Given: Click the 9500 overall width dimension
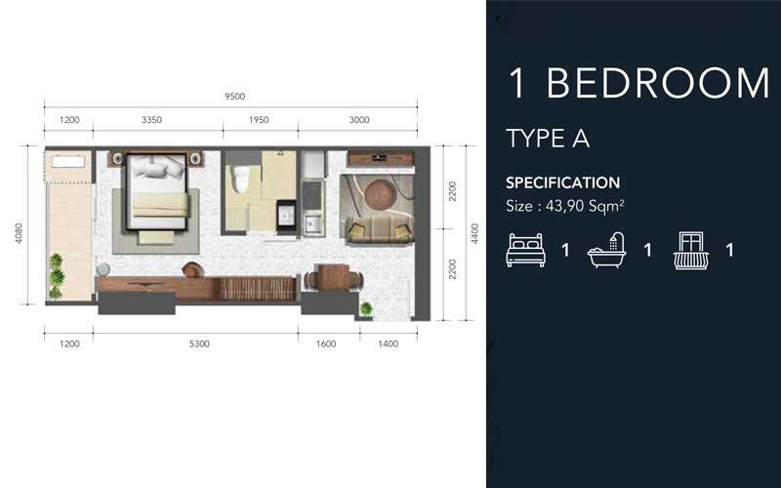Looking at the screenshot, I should [x=233, y=96].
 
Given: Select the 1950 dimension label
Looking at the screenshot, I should [x=259, y=120].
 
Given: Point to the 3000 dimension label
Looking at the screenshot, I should [x=359, y=120].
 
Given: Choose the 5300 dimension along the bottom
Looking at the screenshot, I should [x=198, y=344].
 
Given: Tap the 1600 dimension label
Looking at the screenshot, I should [x=327, y=344].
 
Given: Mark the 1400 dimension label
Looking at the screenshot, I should [x=389, y=344].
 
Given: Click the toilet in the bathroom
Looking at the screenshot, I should [x=238, y=181].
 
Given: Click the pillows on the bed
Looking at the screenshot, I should [x=158, y=168].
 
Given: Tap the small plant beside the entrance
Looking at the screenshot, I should [x=366, y=309].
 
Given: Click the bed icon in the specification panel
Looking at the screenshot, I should [x=524, y=250].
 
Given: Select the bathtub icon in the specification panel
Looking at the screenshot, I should [x=607, y=251].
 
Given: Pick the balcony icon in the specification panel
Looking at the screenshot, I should [x=690, y=250].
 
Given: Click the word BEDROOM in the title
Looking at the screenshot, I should [x=658, y=84].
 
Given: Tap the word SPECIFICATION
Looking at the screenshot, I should [x=562, y=183].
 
